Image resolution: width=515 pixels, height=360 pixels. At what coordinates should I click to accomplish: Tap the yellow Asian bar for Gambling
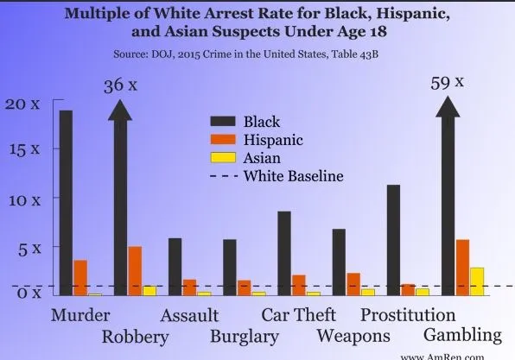[476, 281]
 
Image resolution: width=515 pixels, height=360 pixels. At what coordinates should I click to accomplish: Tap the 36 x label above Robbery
[120, 85]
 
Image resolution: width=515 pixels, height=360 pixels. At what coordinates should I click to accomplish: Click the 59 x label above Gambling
[448, 84]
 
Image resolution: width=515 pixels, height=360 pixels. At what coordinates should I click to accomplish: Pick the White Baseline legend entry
[294, 176]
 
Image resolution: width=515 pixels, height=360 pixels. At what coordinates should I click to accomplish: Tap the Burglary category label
[245, 336]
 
